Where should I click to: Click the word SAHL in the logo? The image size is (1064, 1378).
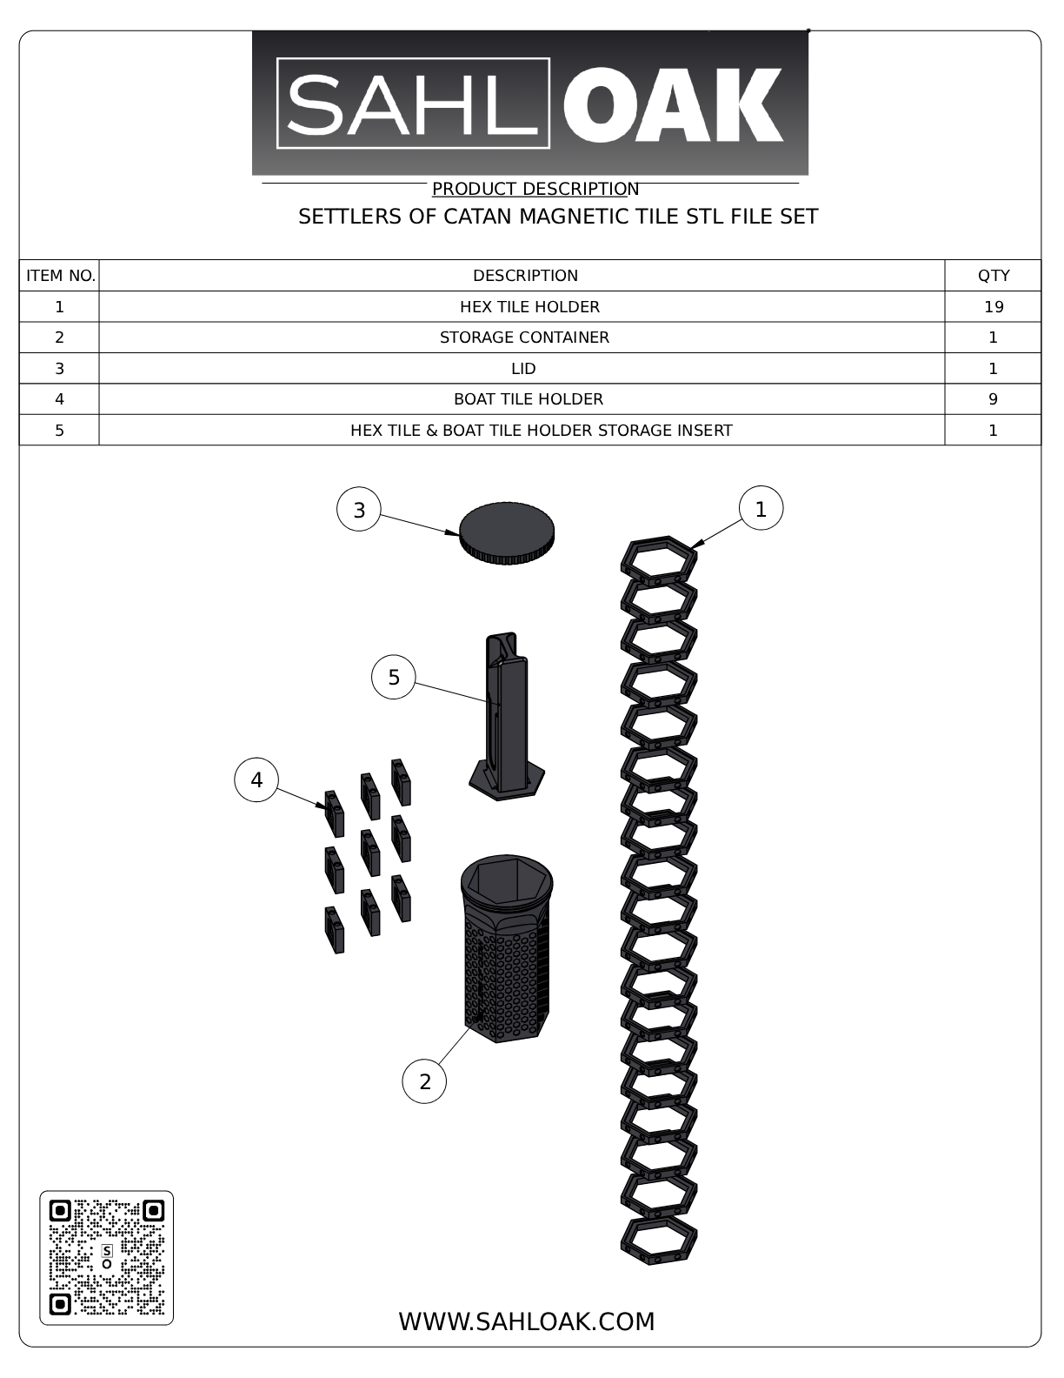pyautogui.click(x=413, y=104)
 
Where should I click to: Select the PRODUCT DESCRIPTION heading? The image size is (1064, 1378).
pyautogui.click(x=535, y=189)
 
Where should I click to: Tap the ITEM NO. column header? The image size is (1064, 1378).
pyautogui.click(x=60, y=276)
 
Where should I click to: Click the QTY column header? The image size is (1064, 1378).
pyautogui.click(x=993, y=276)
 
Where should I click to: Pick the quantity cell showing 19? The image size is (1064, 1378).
pyautogui.click(x=993, y=307)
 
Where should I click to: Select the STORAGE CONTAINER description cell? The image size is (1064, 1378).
pyautogui.click(x=524, y=338)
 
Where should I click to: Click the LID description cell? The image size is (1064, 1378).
pyautogui.click(x=523, y=369)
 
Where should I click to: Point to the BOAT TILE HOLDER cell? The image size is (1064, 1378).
pyautogui.click(x=528, y=399)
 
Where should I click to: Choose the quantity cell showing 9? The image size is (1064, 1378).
pyautogui.click(x=993, y=399)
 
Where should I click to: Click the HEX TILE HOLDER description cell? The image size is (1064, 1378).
pyautogui.click(x=529, y=307)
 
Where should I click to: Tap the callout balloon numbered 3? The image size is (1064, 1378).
pyautogui.click(x=359, y=511)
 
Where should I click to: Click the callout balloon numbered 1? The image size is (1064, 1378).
pyautogui.click(x=761, y=509)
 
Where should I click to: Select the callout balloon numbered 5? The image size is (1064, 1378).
pyautogui.click(x=394, y=678)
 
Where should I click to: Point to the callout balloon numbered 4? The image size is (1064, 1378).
pyautogui.click(x=256, y=780)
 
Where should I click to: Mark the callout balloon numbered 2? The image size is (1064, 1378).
pyautogui.click(x=424, y=1081)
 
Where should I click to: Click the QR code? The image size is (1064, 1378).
pyautogui.click(x=106, y=1258)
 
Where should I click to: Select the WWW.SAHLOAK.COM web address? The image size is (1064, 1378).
pyautogui.click(x=526, y=1321)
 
